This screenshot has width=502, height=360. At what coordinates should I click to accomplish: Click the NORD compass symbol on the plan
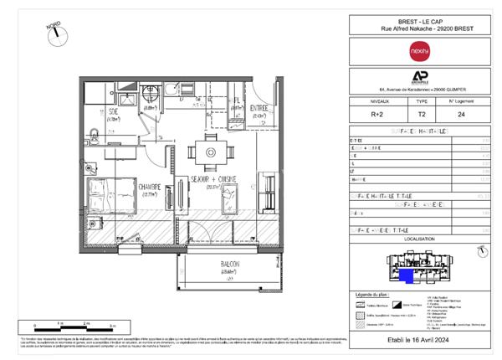click(x=54, y=31)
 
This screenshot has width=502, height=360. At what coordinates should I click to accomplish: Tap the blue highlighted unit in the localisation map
click(x=405, y=275)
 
